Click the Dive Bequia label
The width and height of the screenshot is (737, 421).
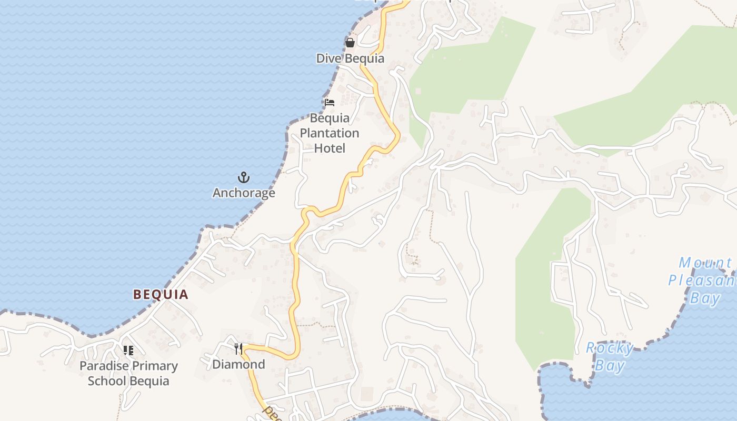click(350, 58)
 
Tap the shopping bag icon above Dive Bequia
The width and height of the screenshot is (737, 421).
click(350, 43)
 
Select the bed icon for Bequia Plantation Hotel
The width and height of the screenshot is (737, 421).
click(330, 102)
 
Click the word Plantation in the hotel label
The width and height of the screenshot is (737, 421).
click(330, 133)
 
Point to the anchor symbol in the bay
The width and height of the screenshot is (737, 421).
click(243, 177)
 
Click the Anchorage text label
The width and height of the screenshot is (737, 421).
click(244, 193)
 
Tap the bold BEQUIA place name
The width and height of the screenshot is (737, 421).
click(161, 294)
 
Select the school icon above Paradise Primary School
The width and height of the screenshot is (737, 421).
click(128, 350)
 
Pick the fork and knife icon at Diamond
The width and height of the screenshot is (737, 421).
click(238, 348)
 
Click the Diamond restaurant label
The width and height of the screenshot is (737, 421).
click(238, 364)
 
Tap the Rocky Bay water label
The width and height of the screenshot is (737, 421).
click(610, 356)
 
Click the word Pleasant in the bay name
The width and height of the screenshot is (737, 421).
click(702, 280)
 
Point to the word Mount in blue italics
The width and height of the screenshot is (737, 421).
click(705, 263)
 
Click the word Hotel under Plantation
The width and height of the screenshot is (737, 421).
click(330, 148)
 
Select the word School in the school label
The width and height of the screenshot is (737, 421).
click(107, 381)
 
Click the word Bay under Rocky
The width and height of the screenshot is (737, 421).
click(610, 365)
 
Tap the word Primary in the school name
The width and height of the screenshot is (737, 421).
click(153, 366)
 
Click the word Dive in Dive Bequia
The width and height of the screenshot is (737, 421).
click(327, 58)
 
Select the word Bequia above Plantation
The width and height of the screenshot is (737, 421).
click(330, 118)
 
